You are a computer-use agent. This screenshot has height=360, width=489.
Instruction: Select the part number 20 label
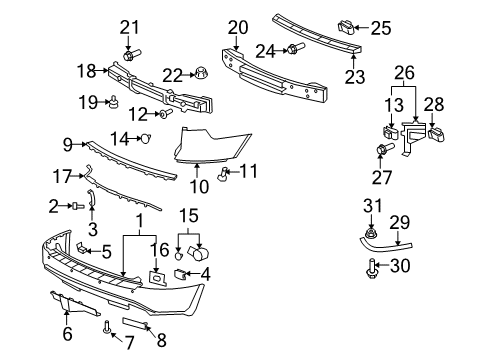(x=236, y=27)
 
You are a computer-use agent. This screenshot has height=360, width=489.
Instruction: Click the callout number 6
(x=67, y=334)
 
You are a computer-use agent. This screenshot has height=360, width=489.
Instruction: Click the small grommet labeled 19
(x=117, y=100)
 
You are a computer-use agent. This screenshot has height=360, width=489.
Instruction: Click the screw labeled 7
(x=105, y=325)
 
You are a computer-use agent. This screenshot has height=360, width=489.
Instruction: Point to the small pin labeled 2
(x=76, y=205)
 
